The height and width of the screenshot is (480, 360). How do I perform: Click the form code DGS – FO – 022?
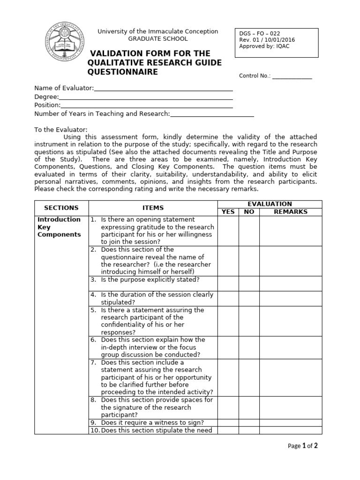pyautogui.click(x=256, y=33)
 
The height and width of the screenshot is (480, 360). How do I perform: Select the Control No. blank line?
pyautogui.click(x=292, y=77)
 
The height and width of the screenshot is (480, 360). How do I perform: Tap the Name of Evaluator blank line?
pyautogui.click(x=164, y=89)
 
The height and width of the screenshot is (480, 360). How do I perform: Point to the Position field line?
pyautogui.click(x=147, y=105)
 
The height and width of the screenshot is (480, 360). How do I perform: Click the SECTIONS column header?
pyautogui.click(x=61, y=208)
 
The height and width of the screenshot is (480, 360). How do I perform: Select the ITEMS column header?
pyautogui.click(x=153, y=208)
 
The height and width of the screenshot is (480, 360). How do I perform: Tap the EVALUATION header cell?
pyautogui.click(x=270, y=204)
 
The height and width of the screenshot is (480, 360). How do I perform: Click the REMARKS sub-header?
pyautogui.click(x=291, y=212)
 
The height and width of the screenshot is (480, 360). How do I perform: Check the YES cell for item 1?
pyautogui.click(x=228, y=231)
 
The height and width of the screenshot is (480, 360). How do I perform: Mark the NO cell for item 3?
pyautogui.click(x=249, y=283)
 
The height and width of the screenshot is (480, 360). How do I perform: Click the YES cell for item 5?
pyautogui.click(x=228, y=321)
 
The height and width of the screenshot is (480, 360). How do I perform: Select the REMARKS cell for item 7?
pyautogui.click(x=291, y=377)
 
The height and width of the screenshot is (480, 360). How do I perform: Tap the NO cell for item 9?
pyautogui.click(x=249, y=422)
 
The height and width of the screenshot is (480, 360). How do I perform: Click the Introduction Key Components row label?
pyautogui.click(x=59, y=227)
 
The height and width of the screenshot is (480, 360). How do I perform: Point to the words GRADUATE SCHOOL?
pyautogui.click(x=157, y=39)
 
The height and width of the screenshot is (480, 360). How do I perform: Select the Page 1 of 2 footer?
pyautogui.click(x=303, y=446)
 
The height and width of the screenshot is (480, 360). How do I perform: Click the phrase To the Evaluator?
pyautogui.click(x=61, y=129)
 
